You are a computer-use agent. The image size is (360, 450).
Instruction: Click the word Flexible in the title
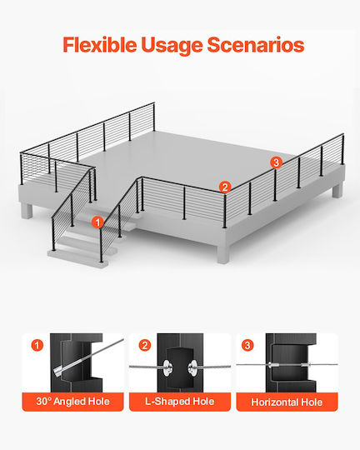(x=100, y=44)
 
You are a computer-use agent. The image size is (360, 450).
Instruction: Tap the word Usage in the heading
(x=172, y=45)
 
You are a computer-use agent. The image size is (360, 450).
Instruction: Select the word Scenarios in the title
(x=256, y=45)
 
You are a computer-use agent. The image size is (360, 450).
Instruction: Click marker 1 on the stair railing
(x=97, y=222)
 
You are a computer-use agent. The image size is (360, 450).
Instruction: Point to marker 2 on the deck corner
(x=225, y=187)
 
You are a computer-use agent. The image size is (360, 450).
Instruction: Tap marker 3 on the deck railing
(x=276, y=162)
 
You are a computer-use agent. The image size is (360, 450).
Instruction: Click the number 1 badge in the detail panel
(x=37, y=345)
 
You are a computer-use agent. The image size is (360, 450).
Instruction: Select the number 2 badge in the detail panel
(x=145, y=345)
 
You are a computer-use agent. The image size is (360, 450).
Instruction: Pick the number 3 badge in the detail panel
(x=247, y=345)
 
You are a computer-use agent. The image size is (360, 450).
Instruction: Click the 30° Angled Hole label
(x=73, y=401)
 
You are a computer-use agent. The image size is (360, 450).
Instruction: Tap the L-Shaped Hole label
(x=180, y=401)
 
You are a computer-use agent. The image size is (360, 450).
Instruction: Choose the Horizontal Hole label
(x=287, y=402)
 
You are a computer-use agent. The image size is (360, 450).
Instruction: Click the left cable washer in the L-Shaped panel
(x=167, y=367)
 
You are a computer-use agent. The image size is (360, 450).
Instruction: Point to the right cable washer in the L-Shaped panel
(x=192, y=368)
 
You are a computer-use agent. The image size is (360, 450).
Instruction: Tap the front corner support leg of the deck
(x=223, y=253)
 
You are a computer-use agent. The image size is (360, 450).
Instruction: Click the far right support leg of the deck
(x=337, y=191)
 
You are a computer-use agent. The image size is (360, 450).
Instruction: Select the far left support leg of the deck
(x=27, y=211)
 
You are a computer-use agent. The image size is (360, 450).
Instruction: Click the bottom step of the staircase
(x=77, y=258)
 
